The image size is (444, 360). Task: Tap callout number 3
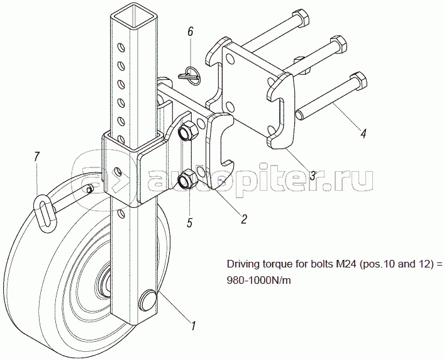pyautogui.click(x=312, y=176)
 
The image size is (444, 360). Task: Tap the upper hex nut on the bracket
pyautogui.click(x=186, y=133)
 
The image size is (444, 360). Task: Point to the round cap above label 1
pyautogui.click(x=150, y=299)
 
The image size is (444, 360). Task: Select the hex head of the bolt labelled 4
pyautogui.click(x=357, y=80)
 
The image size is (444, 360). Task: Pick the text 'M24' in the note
pyautogui.click(x=337, y=264)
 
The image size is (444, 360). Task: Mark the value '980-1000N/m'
pyautogui.click(x=258, y=281)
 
